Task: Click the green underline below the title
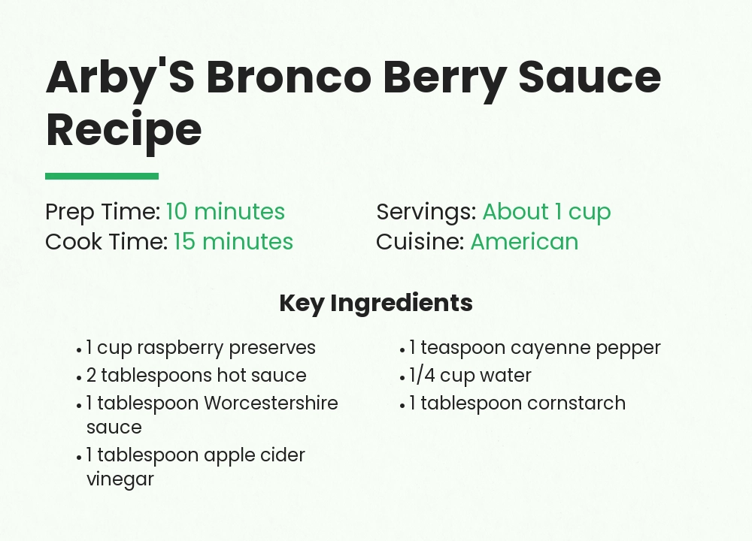102,177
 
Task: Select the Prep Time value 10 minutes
226,212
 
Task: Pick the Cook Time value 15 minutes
233,242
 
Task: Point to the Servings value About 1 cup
547,212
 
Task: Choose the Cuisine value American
524,242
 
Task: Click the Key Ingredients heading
376,303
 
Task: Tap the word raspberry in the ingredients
180,349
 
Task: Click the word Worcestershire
271,403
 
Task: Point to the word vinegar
120,479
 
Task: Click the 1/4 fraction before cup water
422,376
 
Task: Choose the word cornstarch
576,403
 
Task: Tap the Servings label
426,212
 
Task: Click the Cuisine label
420,242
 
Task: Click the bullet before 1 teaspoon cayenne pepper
403,349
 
